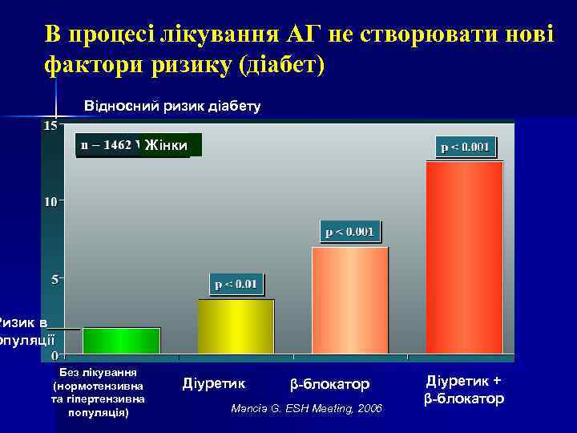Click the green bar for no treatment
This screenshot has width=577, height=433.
pyautogui.click(x=121, y=340)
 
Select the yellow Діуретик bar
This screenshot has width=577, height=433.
pyautogui.click(x=236, y=326)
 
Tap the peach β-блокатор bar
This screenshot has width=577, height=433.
pyautogui.click(x=349, y=300)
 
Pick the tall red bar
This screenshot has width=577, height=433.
pyautogui.click(x=464, y=257)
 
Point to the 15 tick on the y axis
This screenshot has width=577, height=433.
pyautogui.click(x=50, y=126)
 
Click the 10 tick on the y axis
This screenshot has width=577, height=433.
pyautogui.click(x=50, y=202)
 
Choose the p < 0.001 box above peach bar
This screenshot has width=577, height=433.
pyautogui.click(x=349, y=232)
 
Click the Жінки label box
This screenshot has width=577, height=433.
pyautogui.click(x=167, y=145)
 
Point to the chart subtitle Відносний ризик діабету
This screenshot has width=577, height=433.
pyautogui.click(x=172, y=106)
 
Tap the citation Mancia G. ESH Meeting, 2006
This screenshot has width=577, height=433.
pyautogui.click(x=307, y=409)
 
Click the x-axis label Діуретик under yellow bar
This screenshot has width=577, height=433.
pyautogui.click(x=214, y=384)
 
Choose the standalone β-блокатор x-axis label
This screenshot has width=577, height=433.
pyautogui.click(x=330, y=384)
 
